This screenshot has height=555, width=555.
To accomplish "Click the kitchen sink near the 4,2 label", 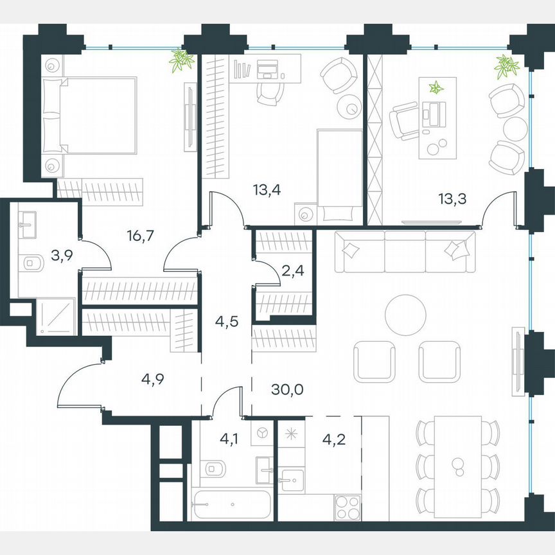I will pos(292,479).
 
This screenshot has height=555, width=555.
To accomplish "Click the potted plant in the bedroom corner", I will pos(182,60).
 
